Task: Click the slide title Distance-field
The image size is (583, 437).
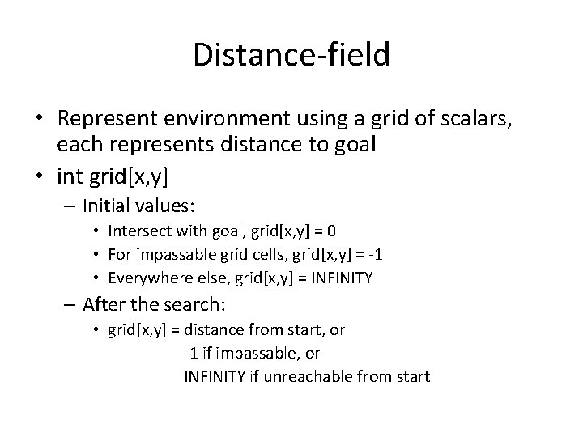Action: [x=291, y=55]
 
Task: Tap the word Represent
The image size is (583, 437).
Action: [x=111, y=119]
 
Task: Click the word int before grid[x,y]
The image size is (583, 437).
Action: [x=69, y=174]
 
